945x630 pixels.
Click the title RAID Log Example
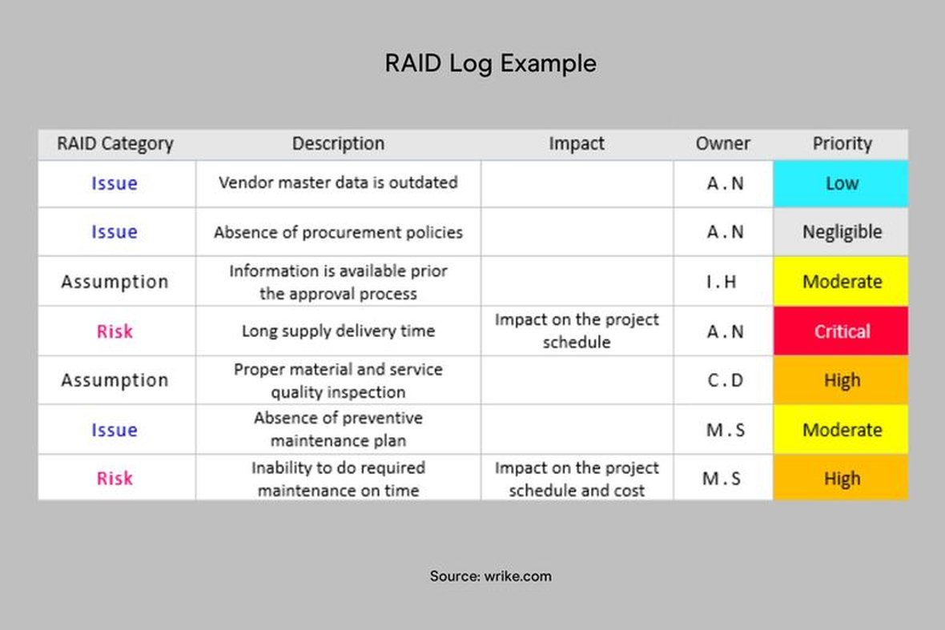tap(491, 64)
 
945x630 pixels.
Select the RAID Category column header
tap(115, 144)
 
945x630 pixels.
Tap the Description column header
tap(338, 143)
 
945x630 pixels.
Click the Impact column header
tap(576, 143)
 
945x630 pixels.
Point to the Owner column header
tap(722, 143)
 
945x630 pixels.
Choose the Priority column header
tap(842, 143)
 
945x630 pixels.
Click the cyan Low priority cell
tap(841, 183)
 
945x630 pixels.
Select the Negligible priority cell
tap(841, 232)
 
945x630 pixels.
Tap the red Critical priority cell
tap(841, 331)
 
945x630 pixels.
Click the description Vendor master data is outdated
tap(338, 183)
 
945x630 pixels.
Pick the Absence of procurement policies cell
tap(338, 232)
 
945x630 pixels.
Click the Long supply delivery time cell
tap(338, 331)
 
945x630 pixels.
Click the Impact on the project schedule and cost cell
tap(577, 479)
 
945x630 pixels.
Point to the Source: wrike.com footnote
tap(491, 576)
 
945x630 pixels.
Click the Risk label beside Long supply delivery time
tap(115, 331)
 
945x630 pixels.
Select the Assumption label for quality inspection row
tap(115, 381)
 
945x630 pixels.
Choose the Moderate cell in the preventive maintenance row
tap(841, 429)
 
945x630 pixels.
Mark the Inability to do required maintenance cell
tap(338, 479)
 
